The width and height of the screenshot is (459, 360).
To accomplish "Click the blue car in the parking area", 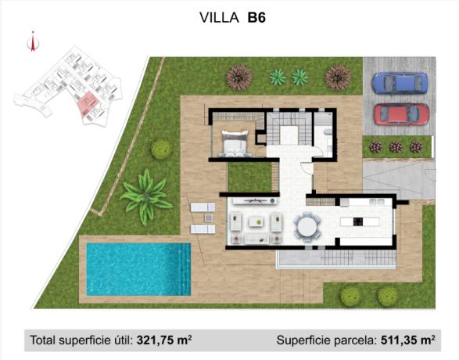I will pos(400,82).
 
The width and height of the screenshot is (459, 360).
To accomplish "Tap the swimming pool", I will pos(138,268).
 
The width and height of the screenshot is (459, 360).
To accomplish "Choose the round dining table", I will pos(307,227).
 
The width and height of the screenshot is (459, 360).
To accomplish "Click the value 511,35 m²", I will pos(406,340).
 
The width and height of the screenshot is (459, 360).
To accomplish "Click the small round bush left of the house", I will pos(162,149).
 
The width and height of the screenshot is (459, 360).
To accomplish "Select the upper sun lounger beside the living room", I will pos(203,207).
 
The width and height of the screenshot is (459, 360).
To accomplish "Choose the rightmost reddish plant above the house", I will pos(338,77).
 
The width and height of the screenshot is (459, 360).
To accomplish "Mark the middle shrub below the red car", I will pos(396,146).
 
